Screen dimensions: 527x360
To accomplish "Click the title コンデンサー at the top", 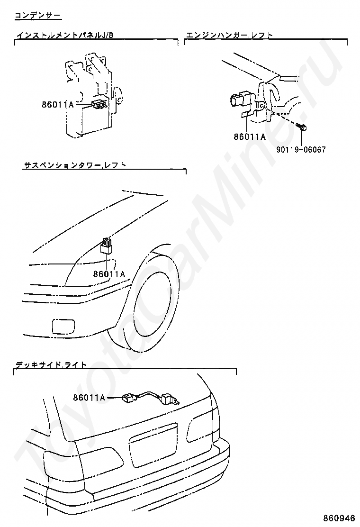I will [38, 16].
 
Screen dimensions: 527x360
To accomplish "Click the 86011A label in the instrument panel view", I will [57, 105].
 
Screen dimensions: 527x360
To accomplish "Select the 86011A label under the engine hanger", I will [250, 137].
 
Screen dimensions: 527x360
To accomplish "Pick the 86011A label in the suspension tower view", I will [109, 273].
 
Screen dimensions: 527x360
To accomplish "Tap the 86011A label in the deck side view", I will [89, 398].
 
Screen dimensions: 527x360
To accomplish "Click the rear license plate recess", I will [152, 450].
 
